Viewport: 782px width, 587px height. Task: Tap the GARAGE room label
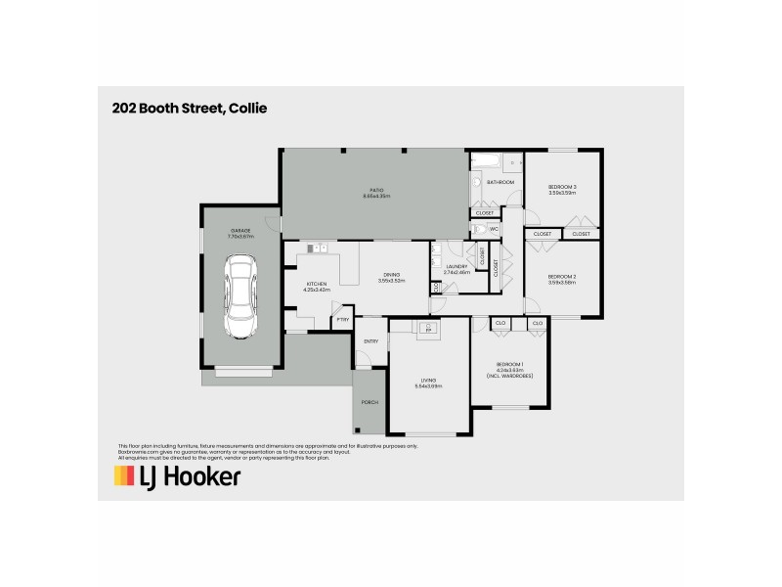coord(240,231)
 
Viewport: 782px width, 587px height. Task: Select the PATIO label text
coord(376,190)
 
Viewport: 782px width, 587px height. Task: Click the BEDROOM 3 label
coord(562,187)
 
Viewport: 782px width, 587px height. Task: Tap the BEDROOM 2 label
coord(562,277)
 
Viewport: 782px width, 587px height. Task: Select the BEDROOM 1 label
coord(509,365)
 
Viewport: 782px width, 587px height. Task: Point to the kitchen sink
coord(315,248)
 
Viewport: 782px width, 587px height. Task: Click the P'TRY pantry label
coord(342,319)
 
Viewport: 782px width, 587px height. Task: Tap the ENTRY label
coord(370,341)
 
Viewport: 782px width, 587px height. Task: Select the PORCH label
coord(369,402)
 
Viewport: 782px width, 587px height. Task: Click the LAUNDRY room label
coord(456,266)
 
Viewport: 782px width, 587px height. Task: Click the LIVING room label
coord(428,380)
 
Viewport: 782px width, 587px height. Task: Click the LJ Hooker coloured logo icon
coord(124,476)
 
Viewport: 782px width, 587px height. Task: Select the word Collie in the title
coord(248,108)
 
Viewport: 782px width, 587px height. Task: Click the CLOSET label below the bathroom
coord(485,212)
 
